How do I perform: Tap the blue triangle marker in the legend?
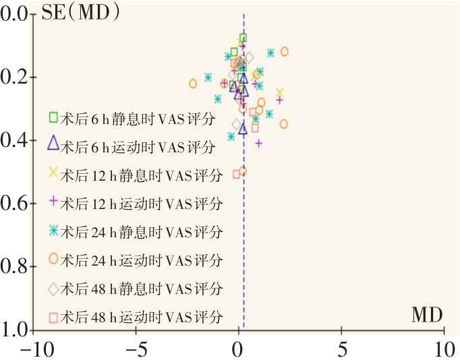[x=53, y=142]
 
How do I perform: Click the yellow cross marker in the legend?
[x=53, y=173]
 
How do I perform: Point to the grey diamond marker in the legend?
[x=53, y=289]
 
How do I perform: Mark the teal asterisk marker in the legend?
[x=53, y=231]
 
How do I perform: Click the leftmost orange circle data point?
[x=193, y=84]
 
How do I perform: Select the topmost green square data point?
[x=243, y=38]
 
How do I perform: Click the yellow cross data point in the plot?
[x=279, y=92]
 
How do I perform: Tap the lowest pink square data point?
[x=236, y=174]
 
